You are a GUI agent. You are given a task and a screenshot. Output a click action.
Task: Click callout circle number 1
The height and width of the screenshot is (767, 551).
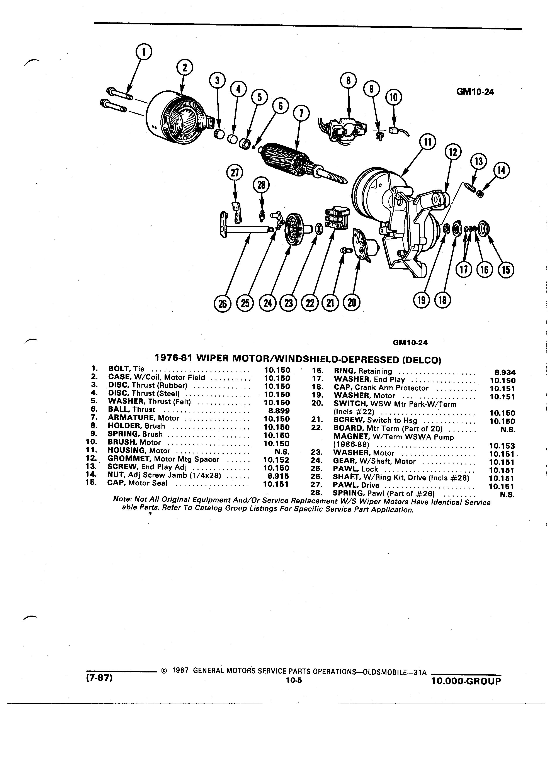tap(143, 53)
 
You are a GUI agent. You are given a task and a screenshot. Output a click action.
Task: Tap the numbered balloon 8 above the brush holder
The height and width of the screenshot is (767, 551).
tap(349, 81)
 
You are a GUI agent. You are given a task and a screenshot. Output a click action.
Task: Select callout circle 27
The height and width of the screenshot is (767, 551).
tap(235, 173)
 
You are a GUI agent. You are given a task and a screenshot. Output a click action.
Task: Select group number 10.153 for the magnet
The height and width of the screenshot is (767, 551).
tap(502, 446)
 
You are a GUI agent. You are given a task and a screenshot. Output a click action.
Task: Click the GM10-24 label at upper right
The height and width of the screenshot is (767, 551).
tap(475, 92)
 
